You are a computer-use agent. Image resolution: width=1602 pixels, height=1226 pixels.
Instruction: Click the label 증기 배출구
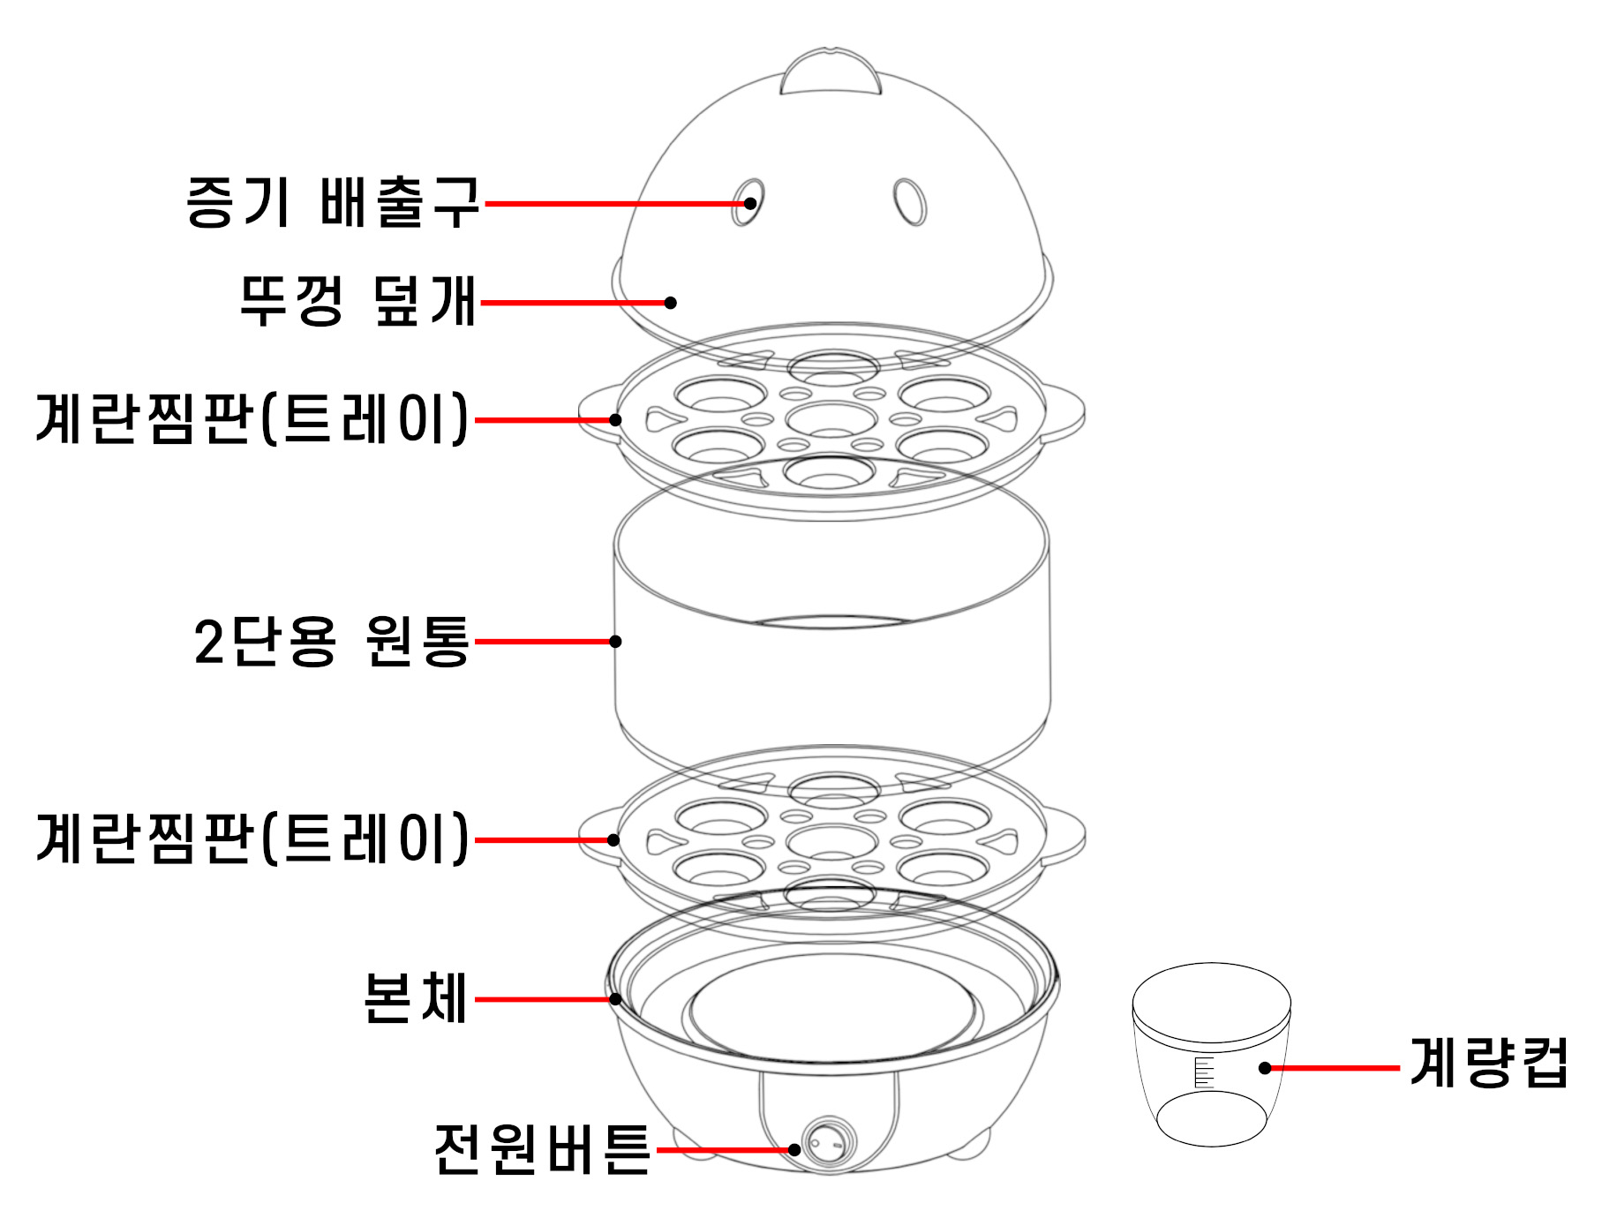coord(333,202)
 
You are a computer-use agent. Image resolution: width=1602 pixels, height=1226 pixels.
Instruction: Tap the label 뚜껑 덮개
coord(358,301)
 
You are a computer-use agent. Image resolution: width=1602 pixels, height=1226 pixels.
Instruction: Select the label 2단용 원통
coord(332,641)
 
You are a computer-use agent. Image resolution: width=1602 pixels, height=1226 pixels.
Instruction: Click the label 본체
coord(415,998)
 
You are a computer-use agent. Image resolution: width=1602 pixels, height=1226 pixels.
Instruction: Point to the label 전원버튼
coord(542,1149)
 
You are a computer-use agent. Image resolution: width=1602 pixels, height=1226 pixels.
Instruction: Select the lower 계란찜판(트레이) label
coord(252,838)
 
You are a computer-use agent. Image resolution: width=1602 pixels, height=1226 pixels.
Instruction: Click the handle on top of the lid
coord(831,71)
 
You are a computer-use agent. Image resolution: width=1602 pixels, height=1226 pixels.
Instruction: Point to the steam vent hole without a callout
coord(909,202)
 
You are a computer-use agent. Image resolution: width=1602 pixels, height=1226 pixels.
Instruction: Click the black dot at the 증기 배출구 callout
coord(749,203)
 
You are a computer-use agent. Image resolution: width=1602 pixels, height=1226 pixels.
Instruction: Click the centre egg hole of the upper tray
coord(831,418)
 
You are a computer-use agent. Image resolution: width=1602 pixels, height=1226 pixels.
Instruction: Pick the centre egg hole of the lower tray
coord(831,839)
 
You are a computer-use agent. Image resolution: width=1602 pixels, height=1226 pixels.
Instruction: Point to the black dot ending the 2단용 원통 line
coord(615,641)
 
